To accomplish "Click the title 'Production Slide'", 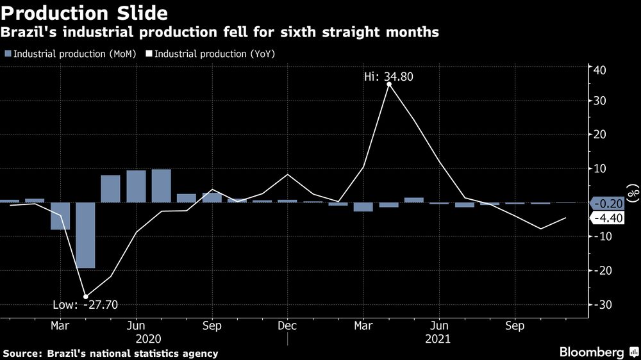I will click(x=85, y=13).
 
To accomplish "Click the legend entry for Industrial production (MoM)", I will click(x=71, y=54).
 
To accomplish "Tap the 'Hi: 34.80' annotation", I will click(x=389, y=77).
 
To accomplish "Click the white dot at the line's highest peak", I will click(x=388, y=84).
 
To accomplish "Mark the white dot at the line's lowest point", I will click(x=86, y=296).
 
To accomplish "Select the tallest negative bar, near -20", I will click(x=85, y=235).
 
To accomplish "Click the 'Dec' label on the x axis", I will click(x=287, y=325).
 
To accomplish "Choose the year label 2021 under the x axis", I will click(x=439, y=338).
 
